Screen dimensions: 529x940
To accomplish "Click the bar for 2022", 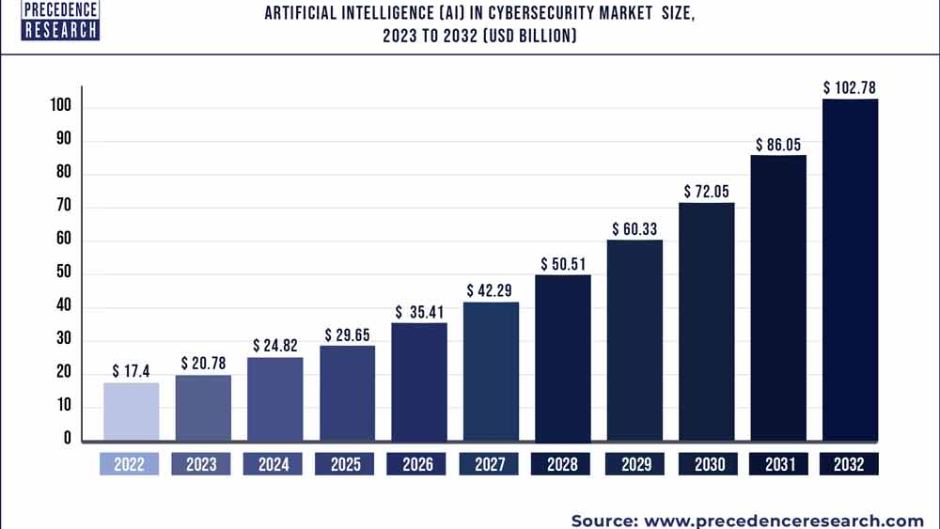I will coord(131,412).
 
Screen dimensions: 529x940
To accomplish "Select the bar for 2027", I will coord(491,371).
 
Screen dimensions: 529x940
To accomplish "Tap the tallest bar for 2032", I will coord(850,270).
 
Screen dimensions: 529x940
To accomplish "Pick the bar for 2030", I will coord(706,321).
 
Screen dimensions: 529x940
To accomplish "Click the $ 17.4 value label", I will coord(130,371).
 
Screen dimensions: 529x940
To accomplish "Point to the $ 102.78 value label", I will coord(850,87).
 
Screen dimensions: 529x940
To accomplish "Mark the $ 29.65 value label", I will coord(348,335).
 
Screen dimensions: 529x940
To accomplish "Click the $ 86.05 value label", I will coord(778,145).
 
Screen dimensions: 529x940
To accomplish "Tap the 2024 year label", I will coord(274,464).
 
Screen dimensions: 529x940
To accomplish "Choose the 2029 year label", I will coord(634,464).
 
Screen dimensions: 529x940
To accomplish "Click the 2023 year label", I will coord(202,464).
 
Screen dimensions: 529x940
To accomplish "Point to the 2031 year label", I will coord(777,464).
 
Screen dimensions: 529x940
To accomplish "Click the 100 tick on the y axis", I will coord(61,107).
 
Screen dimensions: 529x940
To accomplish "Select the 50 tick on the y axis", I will coord(65,274).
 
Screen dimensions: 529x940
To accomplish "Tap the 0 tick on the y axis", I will coord(68,438).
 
